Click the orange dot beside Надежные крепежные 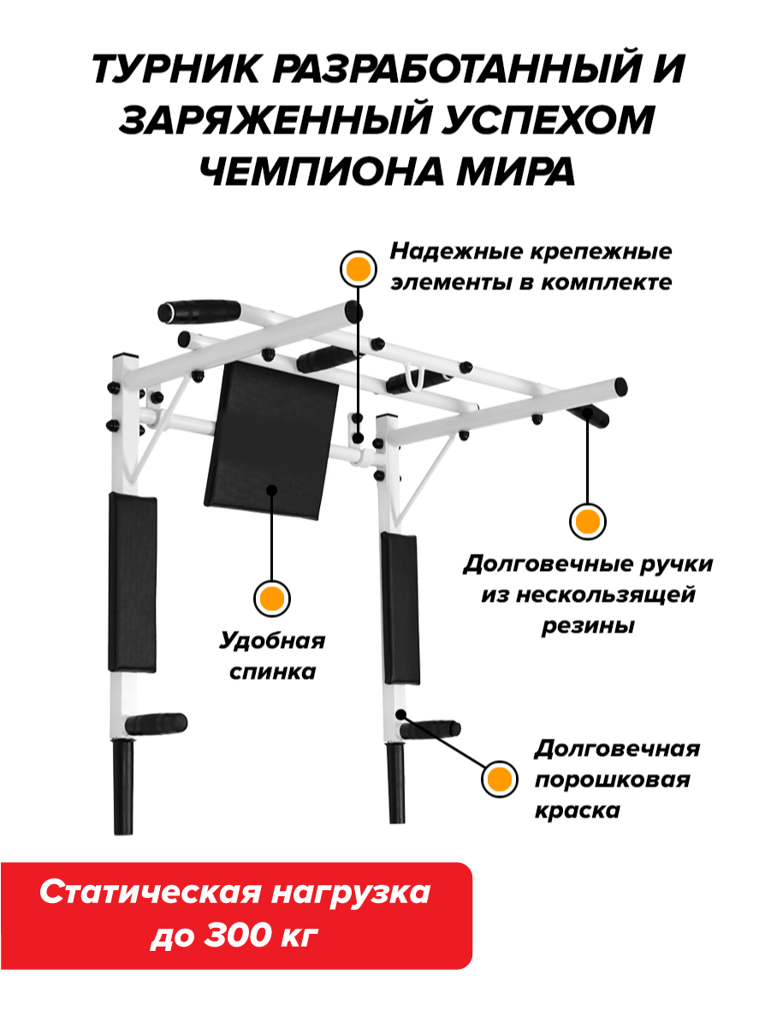(x=359, y=270)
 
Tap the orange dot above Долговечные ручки (x=587, y=521)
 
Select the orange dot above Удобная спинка (x=272, y=598)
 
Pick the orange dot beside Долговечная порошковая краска (x=499, y=779)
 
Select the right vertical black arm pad (x=400, y=608)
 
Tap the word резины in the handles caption (x=587, y=626)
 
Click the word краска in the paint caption (x=576, y=810)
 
